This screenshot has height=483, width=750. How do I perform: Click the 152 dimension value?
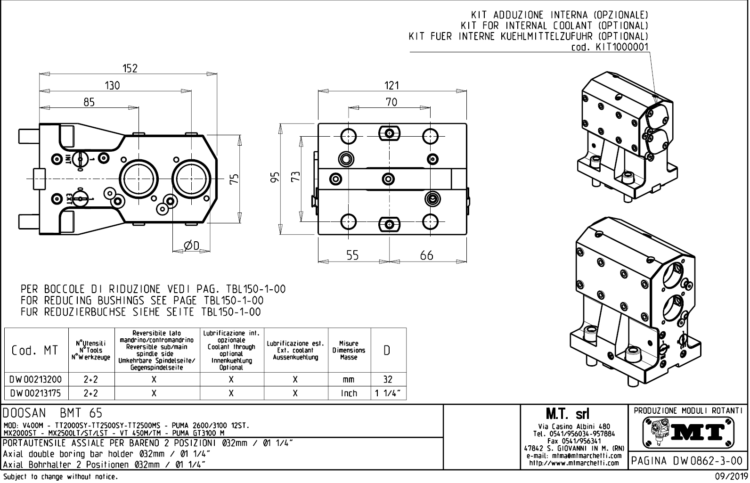click(130, 68)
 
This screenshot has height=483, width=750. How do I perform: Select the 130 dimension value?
click(112, 85)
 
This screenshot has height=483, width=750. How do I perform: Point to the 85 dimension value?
click(89, 102)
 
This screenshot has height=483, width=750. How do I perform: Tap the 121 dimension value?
click(391, 85)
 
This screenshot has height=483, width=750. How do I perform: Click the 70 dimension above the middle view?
click(391, 102)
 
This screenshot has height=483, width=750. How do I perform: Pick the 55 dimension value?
click(352, 255)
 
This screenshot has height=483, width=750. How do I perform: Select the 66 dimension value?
click(426, 255)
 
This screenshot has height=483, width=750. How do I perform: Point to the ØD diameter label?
click(191, 246)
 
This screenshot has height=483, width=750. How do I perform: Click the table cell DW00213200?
click(36, 379)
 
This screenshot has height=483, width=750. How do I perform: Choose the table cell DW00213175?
click(36, 393)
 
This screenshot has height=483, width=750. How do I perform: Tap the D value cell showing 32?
click(388, 379)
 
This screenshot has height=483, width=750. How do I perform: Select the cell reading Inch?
click(349, 393)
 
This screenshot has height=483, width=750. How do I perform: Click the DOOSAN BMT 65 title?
click(52, 413)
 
